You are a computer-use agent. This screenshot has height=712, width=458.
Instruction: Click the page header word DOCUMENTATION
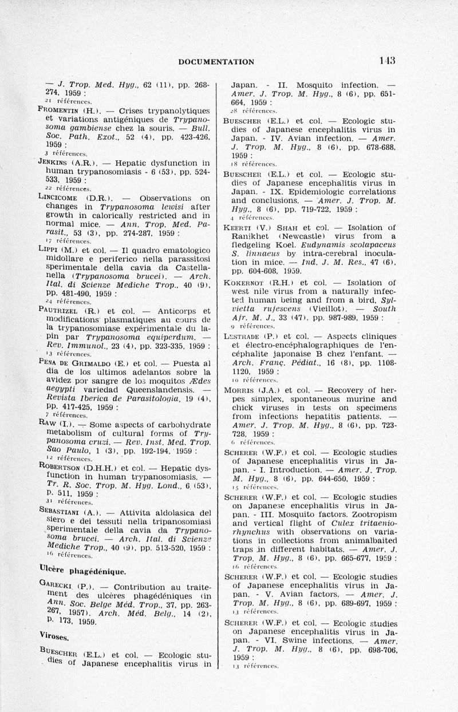tap(216, 62)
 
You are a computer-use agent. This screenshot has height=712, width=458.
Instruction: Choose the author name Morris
tap(248, 390)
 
